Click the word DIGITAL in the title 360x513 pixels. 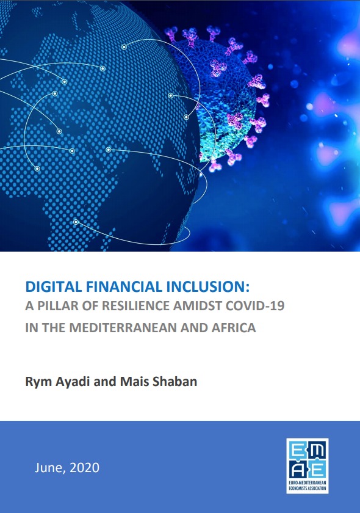pos(54,286)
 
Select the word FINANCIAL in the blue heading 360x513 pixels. pos(124,286)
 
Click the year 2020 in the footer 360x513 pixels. pos(84,468)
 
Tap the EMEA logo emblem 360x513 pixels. pos(308,460)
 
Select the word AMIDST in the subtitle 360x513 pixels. pos(198,305)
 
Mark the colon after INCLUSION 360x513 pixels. pos(248,288)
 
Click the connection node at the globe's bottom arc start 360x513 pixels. pos(76,222)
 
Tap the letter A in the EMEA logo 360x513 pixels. pos(298,470)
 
